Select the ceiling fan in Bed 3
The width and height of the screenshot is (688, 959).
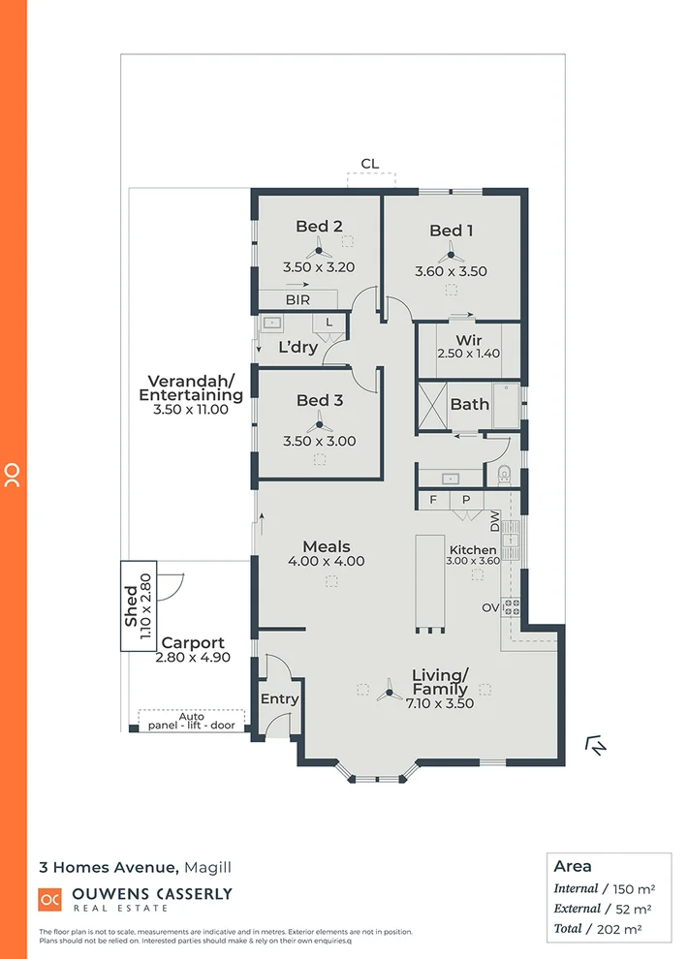coord(319,424)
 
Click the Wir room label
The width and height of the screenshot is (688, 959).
coord(469,340)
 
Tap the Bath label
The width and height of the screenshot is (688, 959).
coord(469,404)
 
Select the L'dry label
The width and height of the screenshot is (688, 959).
coord(297,347)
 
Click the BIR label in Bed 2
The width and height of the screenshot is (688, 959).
coord(297,300)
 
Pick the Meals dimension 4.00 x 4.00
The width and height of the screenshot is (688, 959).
coord(327,561)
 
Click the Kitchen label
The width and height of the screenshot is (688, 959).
coord(471,549)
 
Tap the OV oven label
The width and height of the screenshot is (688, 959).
coord(490,607)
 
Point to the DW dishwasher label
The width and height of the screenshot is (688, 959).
coord(494,524)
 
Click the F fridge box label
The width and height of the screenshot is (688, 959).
coord(432,500)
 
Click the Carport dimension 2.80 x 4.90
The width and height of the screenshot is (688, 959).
coord(193,658)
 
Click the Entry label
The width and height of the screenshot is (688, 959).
coord(279,698)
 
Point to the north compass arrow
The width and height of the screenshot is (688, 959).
coord(597,745)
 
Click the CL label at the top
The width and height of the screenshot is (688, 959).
coord(369,164)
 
